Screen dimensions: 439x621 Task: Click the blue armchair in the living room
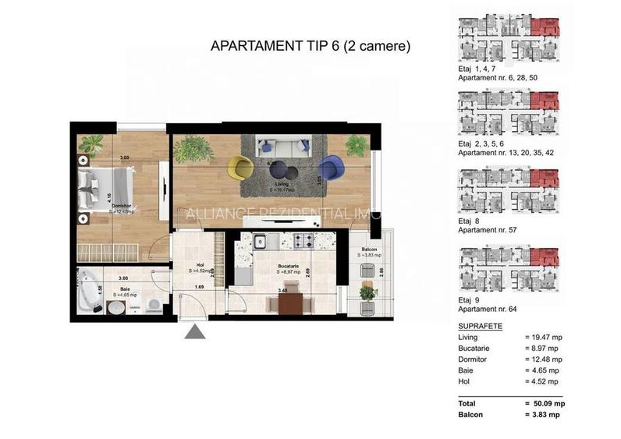click(x=330, y=167)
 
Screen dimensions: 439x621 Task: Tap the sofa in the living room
click(x=283, y=145)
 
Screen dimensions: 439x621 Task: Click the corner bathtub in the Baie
click(x=90, y=291)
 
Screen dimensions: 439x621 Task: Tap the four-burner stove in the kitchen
click(x=303, y=239)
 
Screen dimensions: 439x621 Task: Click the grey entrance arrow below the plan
click(x=194, y=333)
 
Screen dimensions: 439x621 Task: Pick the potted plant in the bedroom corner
click(x=91, y=145)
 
